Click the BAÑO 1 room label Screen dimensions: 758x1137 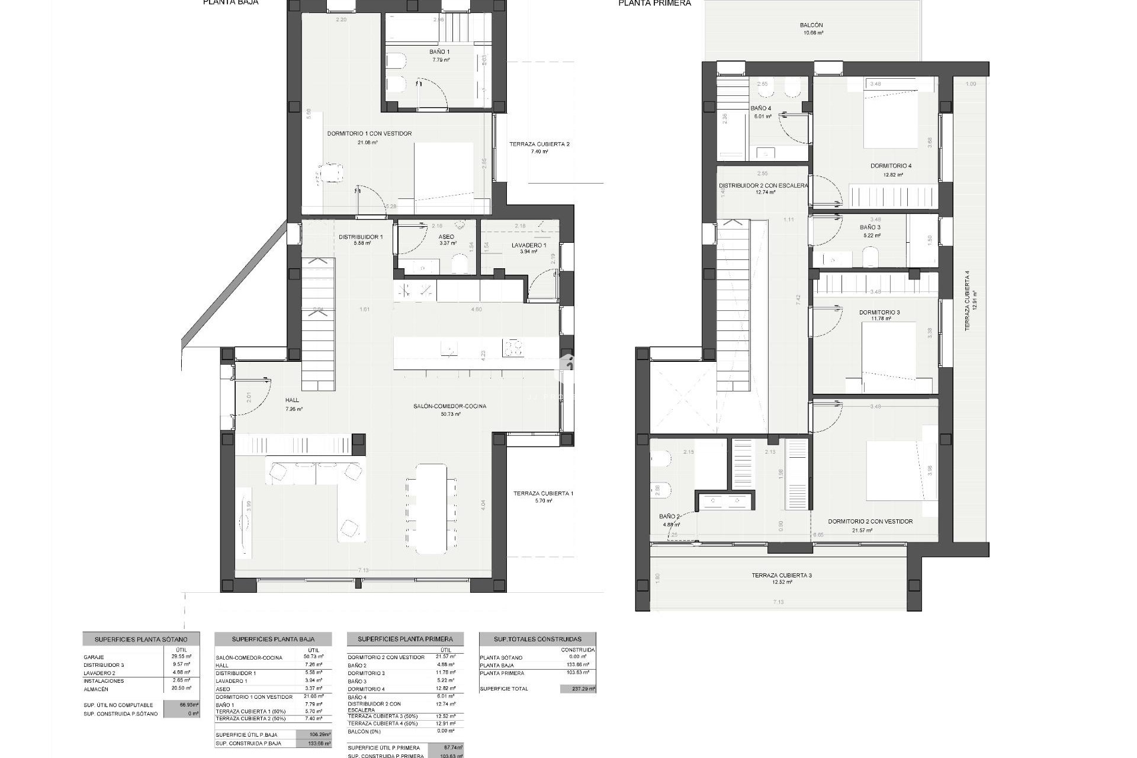[439, 52]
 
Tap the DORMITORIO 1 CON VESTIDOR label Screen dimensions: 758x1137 [369, 134]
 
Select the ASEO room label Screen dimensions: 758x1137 [447, 237]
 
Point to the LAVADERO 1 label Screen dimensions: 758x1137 [529, 245]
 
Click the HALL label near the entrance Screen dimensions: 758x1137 [292, 401]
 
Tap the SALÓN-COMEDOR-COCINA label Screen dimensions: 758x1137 [450, 406]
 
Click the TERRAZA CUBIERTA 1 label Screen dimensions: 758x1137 [543, 493]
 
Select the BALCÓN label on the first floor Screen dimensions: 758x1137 [811, 25]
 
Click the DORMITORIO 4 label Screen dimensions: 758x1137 [891, 166]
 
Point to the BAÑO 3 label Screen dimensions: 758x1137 [870, 227]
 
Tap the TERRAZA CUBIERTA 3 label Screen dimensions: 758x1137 [782, 575]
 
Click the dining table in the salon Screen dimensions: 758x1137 [431, 508]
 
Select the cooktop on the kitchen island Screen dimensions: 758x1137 [512, 348]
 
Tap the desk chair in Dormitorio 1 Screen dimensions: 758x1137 [330, 173]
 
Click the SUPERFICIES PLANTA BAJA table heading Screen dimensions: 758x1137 [273, 640]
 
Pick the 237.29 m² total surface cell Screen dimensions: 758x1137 [578, 689]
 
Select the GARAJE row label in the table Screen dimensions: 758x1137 [94, 657]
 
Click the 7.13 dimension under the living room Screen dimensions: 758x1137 [363, 570]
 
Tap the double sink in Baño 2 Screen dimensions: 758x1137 [726, 500]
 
